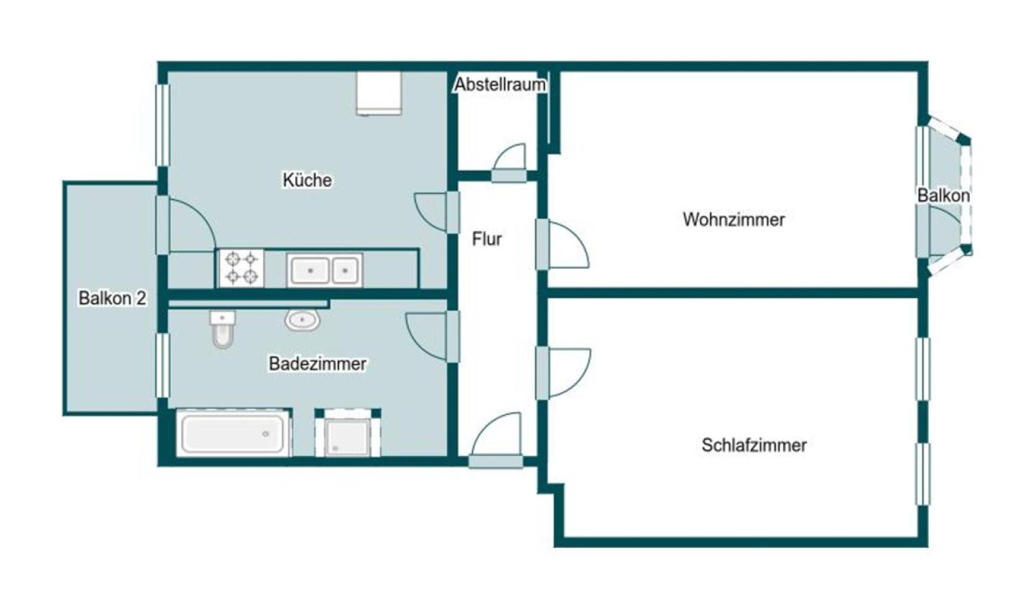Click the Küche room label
pos(307,180)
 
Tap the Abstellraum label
pos(500,84)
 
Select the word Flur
pos(487,239)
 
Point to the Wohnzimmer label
pos(734,220)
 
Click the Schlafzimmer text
pos(754,445)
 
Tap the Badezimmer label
pos(317,364)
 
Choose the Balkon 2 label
pos(113,299)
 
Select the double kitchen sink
pos(325,270)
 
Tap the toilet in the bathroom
pos(223,329)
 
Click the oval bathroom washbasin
pos(302,320)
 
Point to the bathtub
pos(234,433)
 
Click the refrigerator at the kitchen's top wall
pos(379,93)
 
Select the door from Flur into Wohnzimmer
pos(562,244)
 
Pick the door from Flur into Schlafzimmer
pos(563,373)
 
